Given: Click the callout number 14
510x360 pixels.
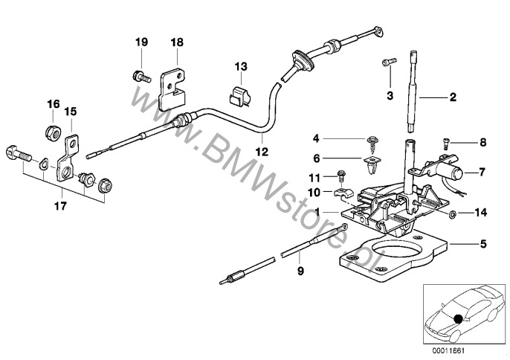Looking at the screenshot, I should point(480,213).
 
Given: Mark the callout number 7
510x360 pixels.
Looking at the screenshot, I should point(482,173).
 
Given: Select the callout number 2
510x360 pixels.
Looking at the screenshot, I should point(452,97).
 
